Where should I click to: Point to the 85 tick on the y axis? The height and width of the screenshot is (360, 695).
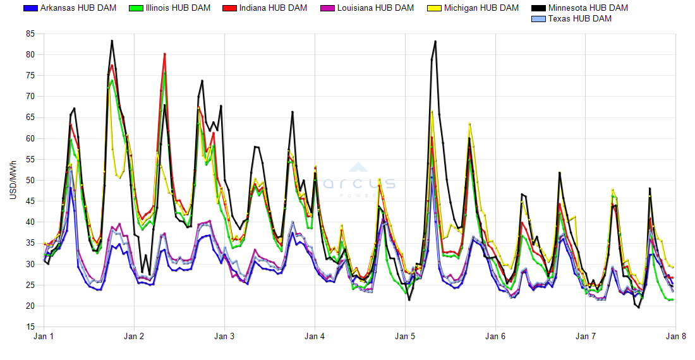tap(30, 34)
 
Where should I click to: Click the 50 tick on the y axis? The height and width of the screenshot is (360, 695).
tap(30, 181)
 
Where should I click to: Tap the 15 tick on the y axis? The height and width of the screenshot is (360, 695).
tap(30, 327)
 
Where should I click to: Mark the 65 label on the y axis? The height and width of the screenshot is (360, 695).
tap(30, 117)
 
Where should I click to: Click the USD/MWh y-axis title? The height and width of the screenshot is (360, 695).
tap(13, 181)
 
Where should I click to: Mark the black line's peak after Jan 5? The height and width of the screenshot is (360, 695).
tap(435, 41)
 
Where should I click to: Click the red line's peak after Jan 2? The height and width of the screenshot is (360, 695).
tap(164, 54)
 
